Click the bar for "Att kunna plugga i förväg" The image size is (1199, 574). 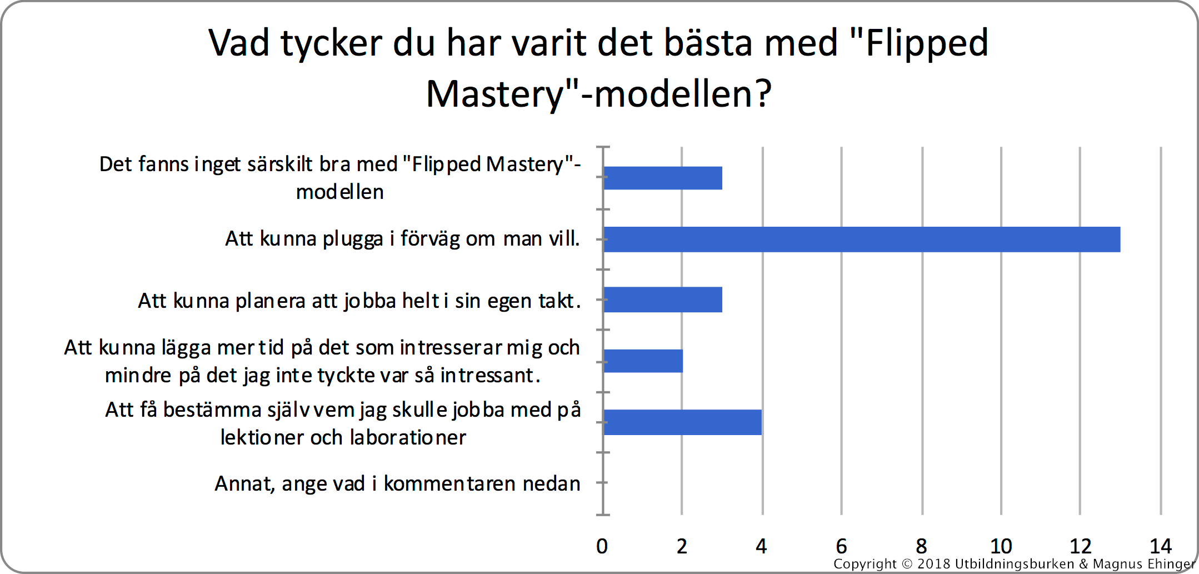click(x=862, y=239)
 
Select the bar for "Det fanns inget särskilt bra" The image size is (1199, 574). click(x=663, y=178)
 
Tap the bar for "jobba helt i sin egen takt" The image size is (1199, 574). click(x=663, y=300)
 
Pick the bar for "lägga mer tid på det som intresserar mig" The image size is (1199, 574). click(x=643, y=361)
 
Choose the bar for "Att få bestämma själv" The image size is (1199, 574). click(x=683, y=422)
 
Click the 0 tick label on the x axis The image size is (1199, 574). click(x=602, y=546)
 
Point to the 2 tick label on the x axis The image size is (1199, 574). click(x=682, y=546)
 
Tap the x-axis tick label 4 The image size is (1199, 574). click(x=761, y=546)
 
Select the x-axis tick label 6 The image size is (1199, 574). click(x=841, y=546)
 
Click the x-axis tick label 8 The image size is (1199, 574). click(x=921, y=546)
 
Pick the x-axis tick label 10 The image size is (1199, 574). click(x=1001, y=546)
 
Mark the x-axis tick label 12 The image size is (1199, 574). click(x=1081, y=546)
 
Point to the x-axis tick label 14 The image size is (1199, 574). click(x=1161, y=546)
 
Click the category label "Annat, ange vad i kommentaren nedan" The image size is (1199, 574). click(x=397, y=484)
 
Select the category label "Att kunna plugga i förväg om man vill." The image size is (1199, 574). click(x=402, y=239)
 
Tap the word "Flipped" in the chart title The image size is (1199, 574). click(x=927, y=43)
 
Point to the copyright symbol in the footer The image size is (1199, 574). click(x=907, y=564)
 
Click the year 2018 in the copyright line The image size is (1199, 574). click(x=933, y=564)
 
